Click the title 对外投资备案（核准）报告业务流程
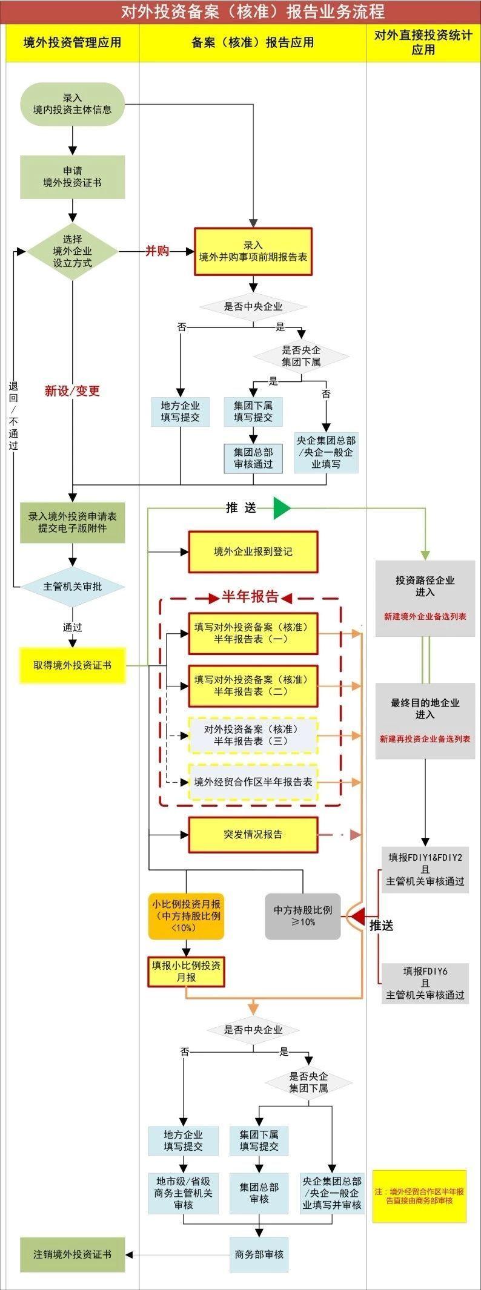pyautogui.click(x=253, y=12)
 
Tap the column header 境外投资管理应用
pyautogui.click(x=72, y=42)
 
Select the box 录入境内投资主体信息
pyautogui.click(x=73, y=104)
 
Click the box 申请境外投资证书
pyautogui.click(x=73, y=177)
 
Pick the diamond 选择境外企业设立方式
pyautogui.click(x=73, y=251)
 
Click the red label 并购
pyautogui.click(x=157, y=251)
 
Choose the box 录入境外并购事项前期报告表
pyautogui.click(x=253, y=251)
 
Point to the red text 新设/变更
pyautogui.click(x=72, y=391)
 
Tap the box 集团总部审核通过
pyautogui.click(x=253, y=458)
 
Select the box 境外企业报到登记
pyautogui.click(x=253, y=551)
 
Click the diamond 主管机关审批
pyautogui.click(x=73, y=587)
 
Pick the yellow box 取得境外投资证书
pyautogui.click(x=73, y=665)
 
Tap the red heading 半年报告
pyautogui.click(x=250, y=597)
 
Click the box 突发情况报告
pyautogui.click(x=253, y=834)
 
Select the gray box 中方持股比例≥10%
pyautogui.click(x=303, y=916)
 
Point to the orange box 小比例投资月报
pyautogui.click(x=187, y=916)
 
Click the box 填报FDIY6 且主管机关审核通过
pyautogui.click(x=425, y=983)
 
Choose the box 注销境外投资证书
pyautogui.click(x=73, y=1255)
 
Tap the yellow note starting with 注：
pyautogui.click(x=419, y=1196)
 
